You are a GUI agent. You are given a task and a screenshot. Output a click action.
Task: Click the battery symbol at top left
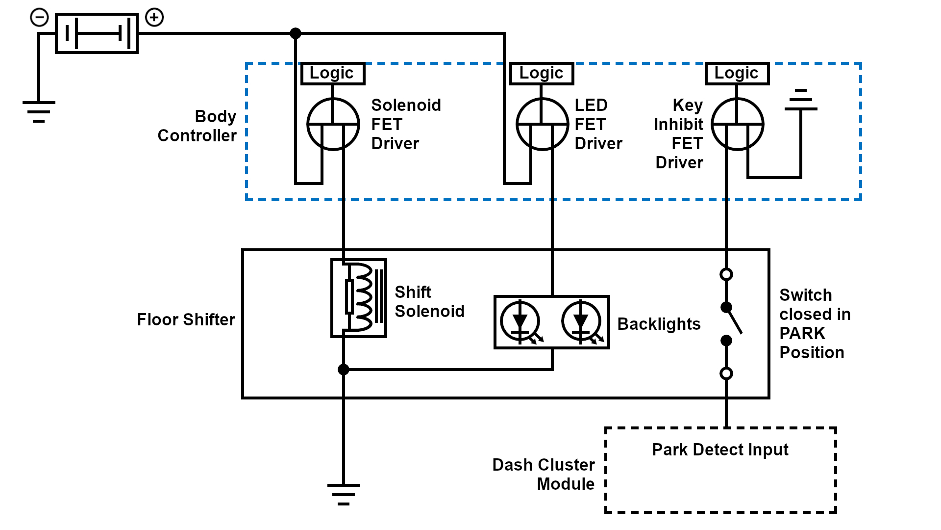(97, 33)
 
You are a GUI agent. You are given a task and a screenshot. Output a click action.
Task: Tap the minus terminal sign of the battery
(39, 18)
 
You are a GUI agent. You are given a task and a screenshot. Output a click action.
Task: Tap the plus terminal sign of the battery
(154, 18)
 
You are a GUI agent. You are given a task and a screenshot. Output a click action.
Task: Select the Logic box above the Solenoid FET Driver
(332, 74)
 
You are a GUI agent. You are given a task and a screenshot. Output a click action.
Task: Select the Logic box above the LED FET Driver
(542, 74)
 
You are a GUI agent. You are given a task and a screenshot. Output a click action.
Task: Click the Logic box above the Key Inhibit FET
(737, 74)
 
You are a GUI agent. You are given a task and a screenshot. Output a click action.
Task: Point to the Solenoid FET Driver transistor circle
(333, 124)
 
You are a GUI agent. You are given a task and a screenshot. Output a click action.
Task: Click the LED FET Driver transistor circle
(542, 124)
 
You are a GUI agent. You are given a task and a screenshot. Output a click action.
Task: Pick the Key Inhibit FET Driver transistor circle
(737, 124)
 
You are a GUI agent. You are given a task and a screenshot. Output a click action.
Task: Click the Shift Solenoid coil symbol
(359, 298)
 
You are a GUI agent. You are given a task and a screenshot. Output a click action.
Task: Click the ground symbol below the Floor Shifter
(344, 494)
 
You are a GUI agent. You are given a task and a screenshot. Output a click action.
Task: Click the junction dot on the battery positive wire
(296, 33)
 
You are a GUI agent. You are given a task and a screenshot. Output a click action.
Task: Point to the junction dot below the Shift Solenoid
(344, 370)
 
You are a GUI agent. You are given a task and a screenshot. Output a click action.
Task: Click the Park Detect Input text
(720, 450)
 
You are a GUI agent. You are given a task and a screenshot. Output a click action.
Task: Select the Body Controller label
(197, 126)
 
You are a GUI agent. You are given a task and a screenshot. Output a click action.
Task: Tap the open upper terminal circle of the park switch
(726, 274)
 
